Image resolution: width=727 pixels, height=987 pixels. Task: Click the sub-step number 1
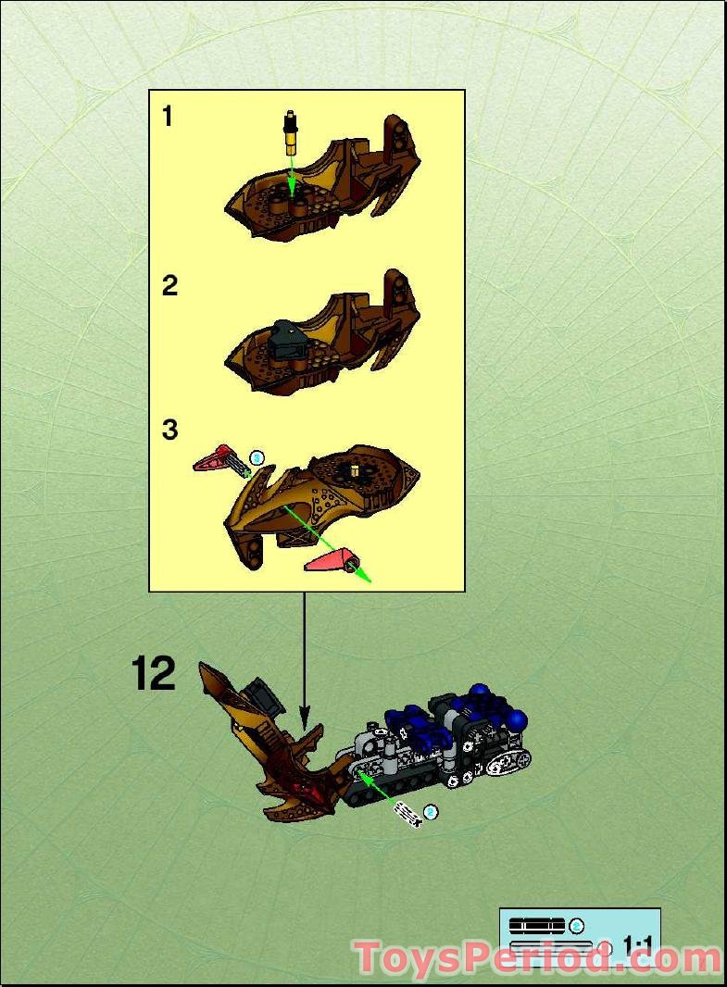pyautogui.click(x=167, y=117)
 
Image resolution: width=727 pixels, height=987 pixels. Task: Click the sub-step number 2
pyautogui.click(x=169, y=286)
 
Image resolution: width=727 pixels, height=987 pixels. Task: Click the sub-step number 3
pyautogui.click(x=169, y=431)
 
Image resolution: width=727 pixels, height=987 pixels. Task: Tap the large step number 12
pyautogui.click(x=154, y=675)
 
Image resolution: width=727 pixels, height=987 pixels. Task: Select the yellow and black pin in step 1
pyautogui.click(x=291, y=134)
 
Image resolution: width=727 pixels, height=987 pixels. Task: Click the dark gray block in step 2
pyautogui.click(x=288, y=342)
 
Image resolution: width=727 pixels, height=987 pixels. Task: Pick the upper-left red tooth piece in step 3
pyautogui.click(x=214, y=457)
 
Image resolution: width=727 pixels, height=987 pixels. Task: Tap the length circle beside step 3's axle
pyautogui.click(x=257, y=456)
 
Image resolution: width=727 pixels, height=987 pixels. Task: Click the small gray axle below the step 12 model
pyautogui.click(x=407, y=813)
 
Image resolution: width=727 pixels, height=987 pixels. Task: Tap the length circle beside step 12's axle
pyautogui.click(x=429, y=812)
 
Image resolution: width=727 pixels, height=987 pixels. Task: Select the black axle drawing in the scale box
pyautogui.click(x=536, y=925)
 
